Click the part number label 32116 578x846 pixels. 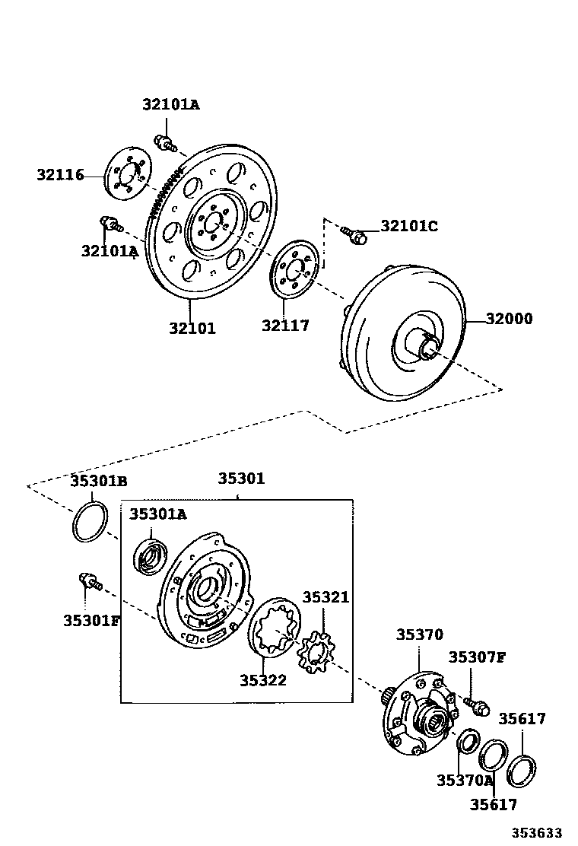pos(60,175)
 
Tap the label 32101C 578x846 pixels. pos(409,226)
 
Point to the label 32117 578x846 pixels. pos(286,326)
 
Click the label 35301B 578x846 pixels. pos(99,481)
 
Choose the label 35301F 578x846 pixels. pos(92,620)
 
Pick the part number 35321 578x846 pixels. pos(326,597)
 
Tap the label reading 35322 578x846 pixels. pos(263,680)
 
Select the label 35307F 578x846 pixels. pos(477,657)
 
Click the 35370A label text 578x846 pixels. pos(465,780)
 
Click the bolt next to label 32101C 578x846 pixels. pos(354,234)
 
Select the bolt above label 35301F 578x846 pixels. pos(90,582)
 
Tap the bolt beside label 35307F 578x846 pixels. pos(475,704)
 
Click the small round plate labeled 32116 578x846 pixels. pos(125,177)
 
